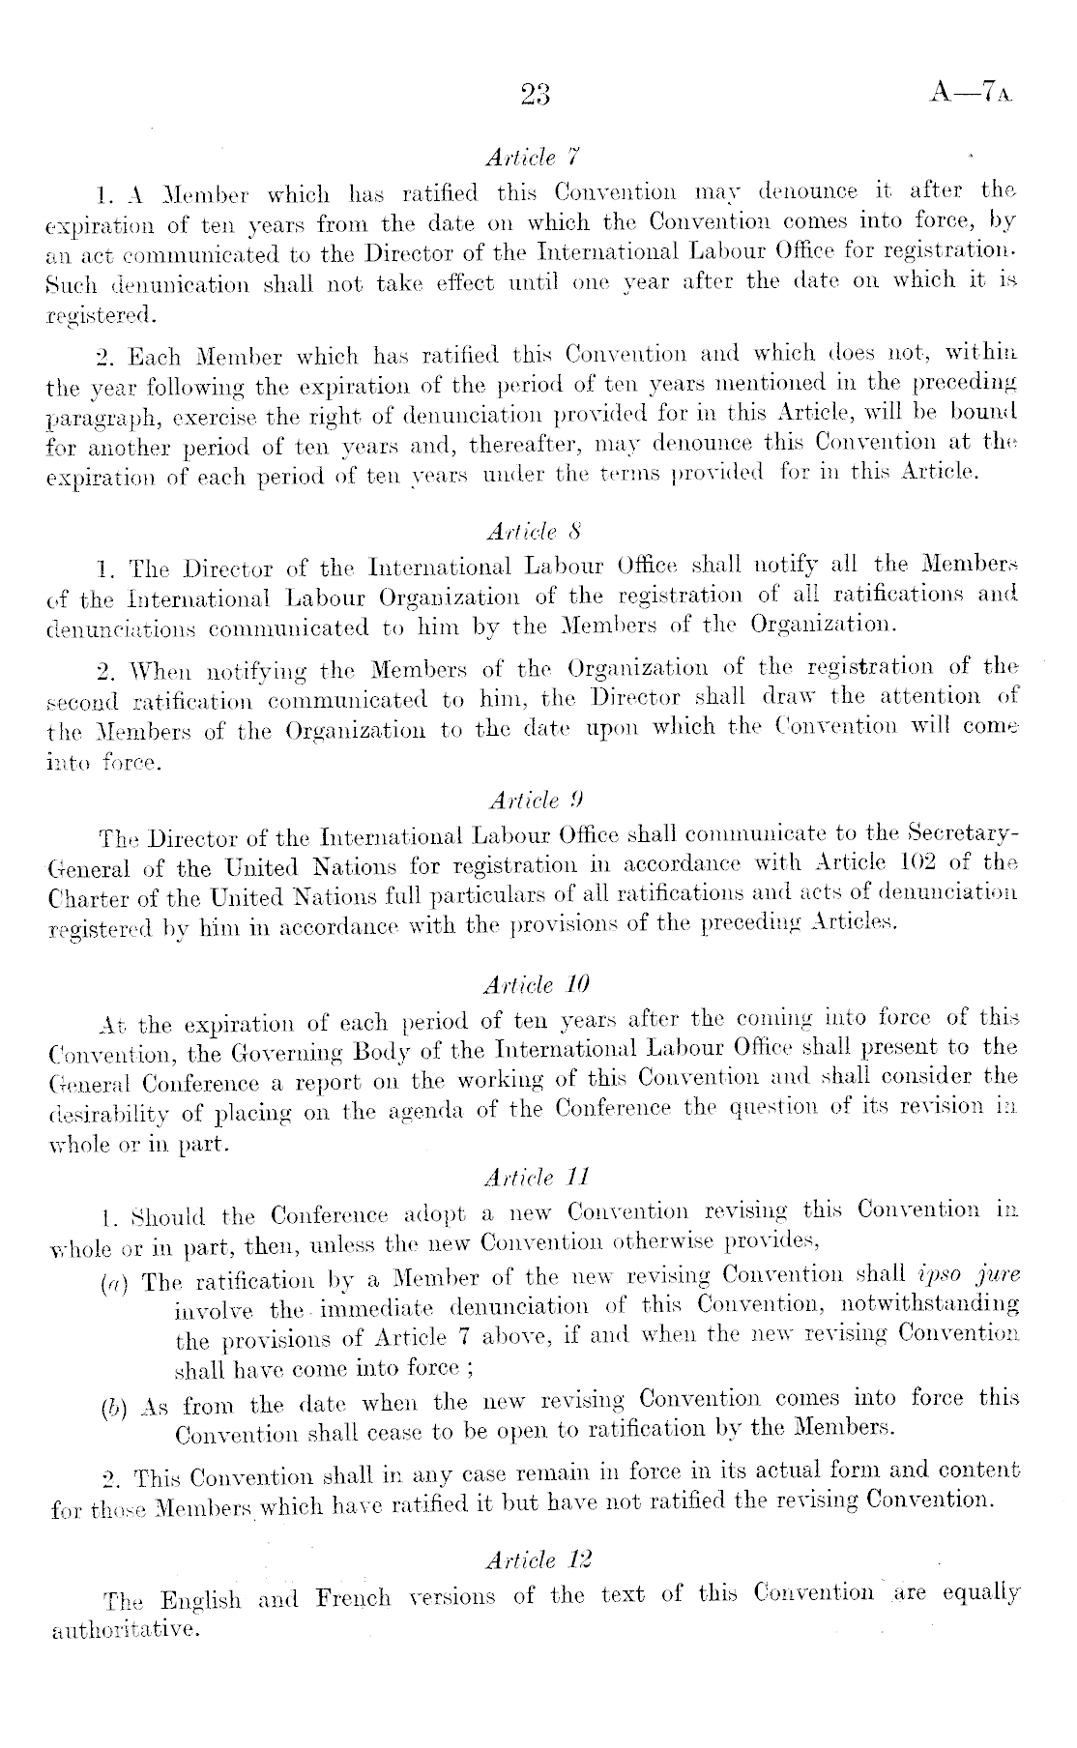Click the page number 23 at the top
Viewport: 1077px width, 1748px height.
coord(535,94)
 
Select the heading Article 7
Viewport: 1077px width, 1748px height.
coord(534,157)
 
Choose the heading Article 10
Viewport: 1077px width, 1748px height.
coord(535,985)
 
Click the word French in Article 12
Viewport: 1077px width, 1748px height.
coord(354,1596)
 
